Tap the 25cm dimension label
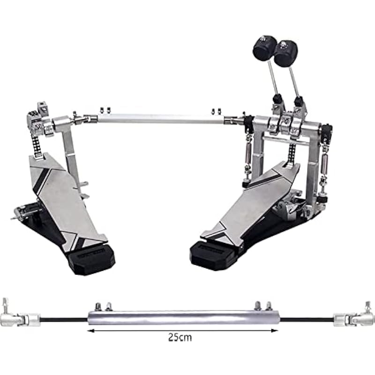point(180,337)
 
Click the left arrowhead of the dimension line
point(90,331)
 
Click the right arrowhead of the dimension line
point(275,331)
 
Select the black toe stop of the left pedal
point(91,260)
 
